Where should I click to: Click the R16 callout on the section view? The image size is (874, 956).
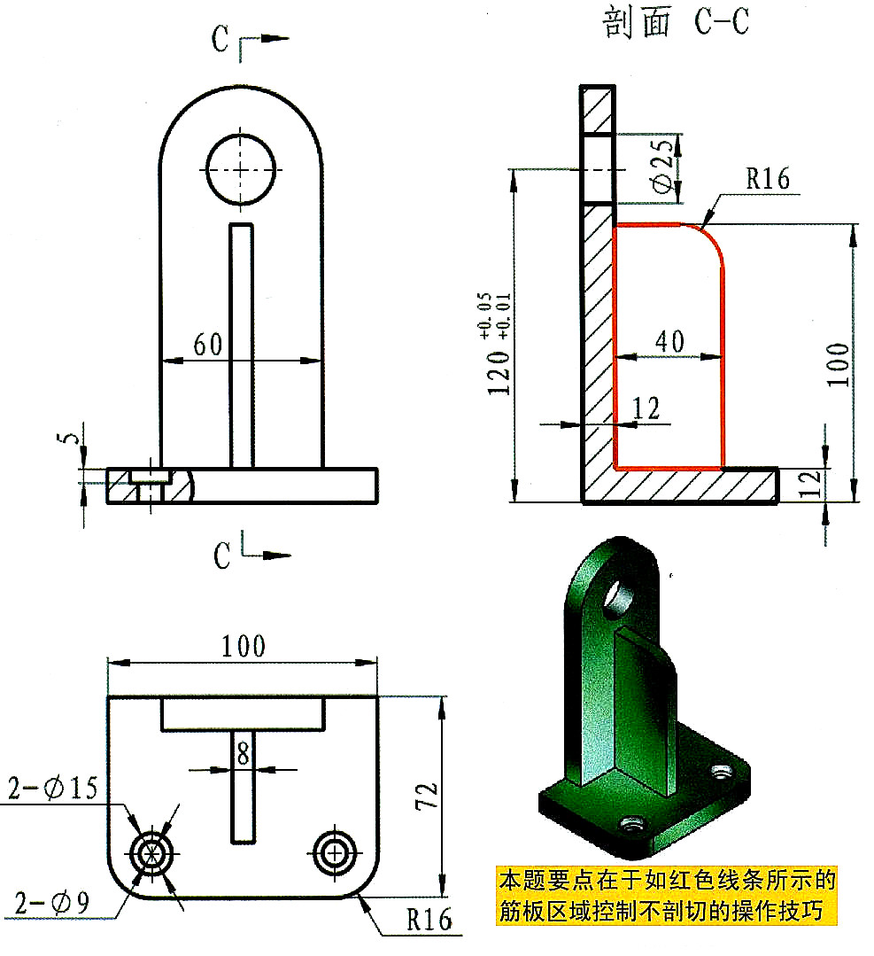(x=766, y=179)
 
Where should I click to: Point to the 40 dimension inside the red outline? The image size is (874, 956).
(x=669, y=341)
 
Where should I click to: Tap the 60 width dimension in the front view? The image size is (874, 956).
(x=208, y=346)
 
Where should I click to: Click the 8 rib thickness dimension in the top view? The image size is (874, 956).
(x=241, y=753)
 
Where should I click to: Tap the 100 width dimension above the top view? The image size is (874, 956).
(x=244, y=646)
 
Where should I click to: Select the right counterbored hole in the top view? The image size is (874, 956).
(x=334, y=853)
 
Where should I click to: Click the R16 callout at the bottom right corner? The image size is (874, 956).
(x=429, y=919)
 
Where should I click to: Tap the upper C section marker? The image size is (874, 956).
(x=222, y=38)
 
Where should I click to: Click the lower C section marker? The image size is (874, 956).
(x=222, y=556)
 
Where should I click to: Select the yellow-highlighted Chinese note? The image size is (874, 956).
(x=666, y=896)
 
